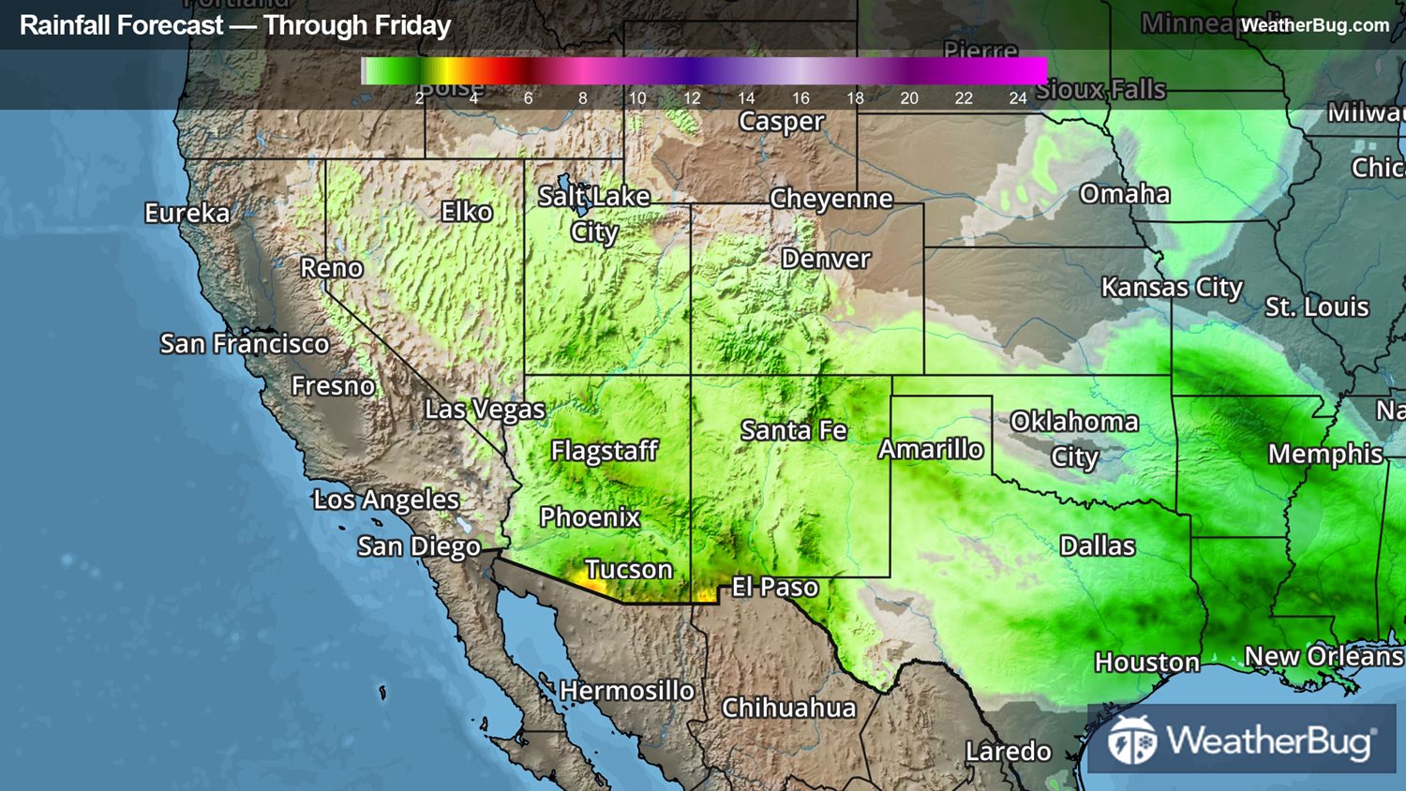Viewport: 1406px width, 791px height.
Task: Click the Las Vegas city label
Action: [485, 410]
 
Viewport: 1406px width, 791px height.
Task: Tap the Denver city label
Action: [826, 259]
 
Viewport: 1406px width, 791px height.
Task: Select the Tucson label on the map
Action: [629, 569]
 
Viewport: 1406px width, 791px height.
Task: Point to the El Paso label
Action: [775, 588]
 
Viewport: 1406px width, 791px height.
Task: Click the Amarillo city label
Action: [931, 450]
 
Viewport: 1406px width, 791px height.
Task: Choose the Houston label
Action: [1147, 663]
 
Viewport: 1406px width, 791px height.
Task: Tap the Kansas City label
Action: [1172, 288]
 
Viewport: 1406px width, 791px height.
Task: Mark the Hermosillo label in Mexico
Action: [627, 691]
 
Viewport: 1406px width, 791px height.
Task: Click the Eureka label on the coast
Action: [187, 214]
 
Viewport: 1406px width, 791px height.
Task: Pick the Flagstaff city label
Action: [605, 451]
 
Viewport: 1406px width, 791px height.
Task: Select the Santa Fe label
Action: [794, 430]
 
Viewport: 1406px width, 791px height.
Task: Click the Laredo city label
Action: [1009, 752]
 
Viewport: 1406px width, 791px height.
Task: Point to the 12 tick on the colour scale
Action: [692, 98]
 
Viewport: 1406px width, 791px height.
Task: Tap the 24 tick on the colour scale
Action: [1018, 98]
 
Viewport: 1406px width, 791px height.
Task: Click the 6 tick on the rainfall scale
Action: [529, 98]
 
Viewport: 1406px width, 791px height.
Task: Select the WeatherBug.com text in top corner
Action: [1315, 25]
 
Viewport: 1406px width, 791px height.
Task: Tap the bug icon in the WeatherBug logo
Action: [1131, 741]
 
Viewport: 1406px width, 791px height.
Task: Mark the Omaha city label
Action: [1125, 194]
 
